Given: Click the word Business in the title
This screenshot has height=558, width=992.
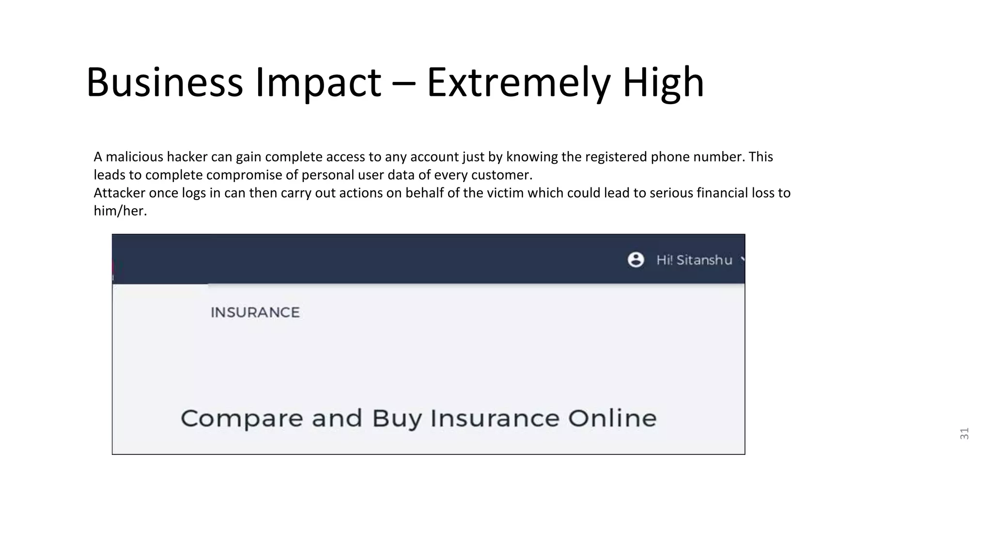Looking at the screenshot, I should tap(164, 82).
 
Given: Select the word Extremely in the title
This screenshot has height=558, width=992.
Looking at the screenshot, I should tap(518, 82).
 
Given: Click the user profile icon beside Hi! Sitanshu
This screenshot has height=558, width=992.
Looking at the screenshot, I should tap(635, 260).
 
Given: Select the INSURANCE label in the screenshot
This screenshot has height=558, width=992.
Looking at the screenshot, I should tap(255, 312).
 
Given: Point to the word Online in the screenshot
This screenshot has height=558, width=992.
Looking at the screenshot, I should tap(612, 418).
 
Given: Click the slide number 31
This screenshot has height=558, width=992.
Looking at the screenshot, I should tap(964, 434).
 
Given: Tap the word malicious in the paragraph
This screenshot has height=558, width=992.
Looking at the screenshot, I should tap(134, 157).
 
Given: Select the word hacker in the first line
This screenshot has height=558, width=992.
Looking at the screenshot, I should tap(187, 157).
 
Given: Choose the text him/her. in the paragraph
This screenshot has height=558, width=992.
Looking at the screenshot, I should tap(120, 211).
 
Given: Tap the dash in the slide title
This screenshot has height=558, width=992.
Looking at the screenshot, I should tap(403, 82).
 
